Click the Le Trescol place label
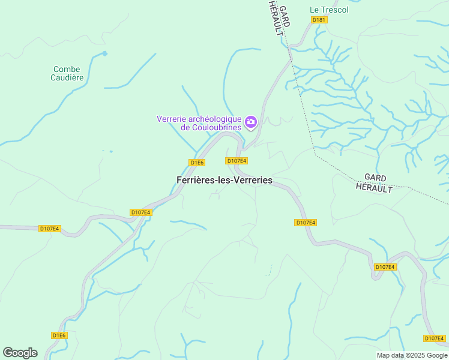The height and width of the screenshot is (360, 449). (328, 10)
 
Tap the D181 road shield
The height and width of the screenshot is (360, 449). (319, 20)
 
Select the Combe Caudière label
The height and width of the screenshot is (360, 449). (67, 73)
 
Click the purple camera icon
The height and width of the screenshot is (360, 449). (251, 122)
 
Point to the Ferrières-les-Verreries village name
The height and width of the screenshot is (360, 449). (224, 180)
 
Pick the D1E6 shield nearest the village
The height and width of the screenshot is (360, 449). (197, 163)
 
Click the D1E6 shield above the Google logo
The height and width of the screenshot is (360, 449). (59, 335)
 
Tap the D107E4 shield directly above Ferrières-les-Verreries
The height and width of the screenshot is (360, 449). (237, 161)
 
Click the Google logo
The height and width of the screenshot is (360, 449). (20, 352)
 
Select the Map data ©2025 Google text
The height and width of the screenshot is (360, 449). (412, 355)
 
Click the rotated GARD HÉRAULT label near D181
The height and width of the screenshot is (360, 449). (280, 18)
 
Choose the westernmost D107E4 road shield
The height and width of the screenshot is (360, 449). (49, 229)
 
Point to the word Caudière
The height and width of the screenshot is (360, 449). (67, 77)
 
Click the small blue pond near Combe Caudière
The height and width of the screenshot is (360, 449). (104, 53)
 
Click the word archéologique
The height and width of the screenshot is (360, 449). (215, 119)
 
